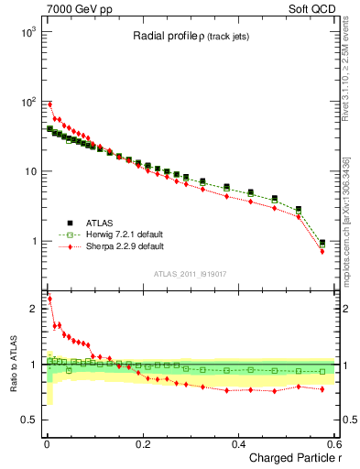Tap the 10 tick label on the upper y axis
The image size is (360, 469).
pyautogui.click(x=29, y=171)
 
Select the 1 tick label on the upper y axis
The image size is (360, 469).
pyautogui.click(x=33, y=242)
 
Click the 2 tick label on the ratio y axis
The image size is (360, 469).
pyautogui.click(x=33, y=309)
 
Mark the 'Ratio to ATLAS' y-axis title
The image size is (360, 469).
pyautogui.click(x=11, y=363)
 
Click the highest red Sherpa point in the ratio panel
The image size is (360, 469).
pyautogui.click(x=49, y=299)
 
